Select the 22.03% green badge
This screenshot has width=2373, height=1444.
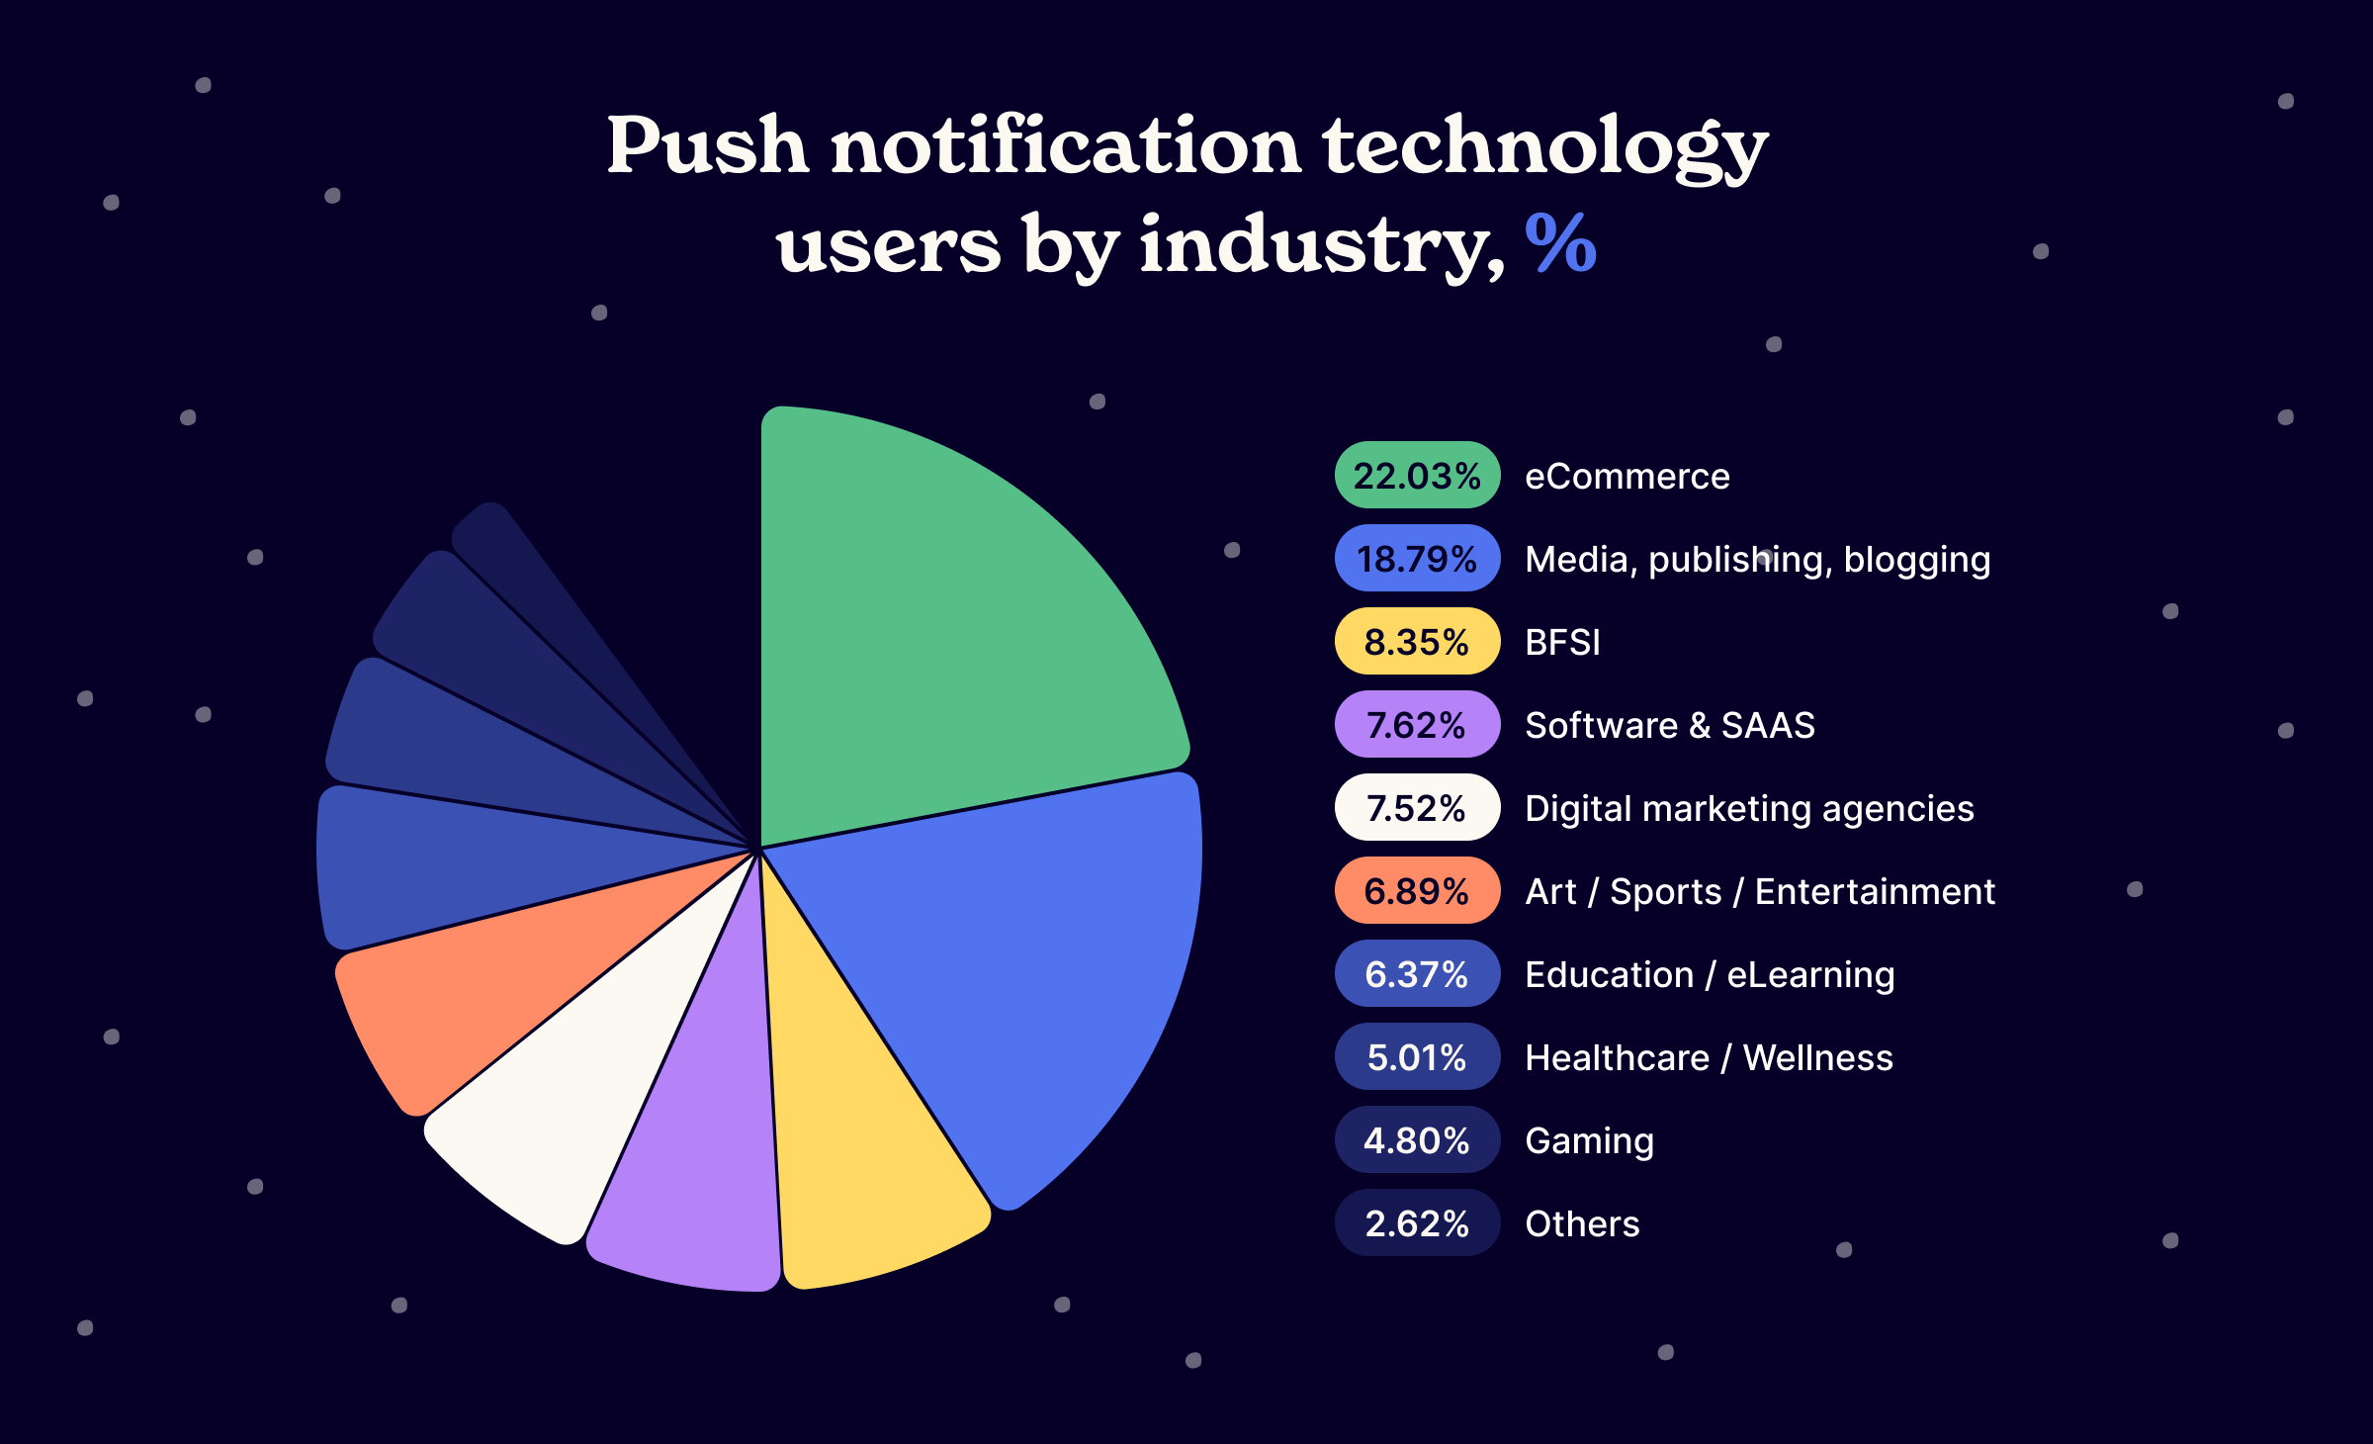[1417, 476]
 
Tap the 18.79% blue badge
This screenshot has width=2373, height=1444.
[1417, 559]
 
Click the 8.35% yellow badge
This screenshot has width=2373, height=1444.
[1417, 642]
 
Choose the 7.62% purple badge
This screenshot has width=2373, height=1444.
[1417, 725]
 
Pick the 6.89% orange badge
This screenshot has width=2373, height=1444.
[1417, 891]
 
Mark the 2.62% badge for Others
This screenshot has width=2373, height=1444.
[1417, 1223]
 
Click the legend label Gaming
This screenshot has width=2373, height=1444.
[1589, 1141]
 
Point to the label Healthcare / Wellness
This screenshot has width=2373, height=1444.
[1709, 1058]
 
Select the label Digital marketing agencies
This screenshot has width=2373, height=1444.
[1749, 809]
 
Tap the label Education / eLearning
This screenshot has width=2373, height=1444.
[1710, 975]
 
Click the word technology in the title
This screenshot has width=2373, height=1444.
[1544, 146]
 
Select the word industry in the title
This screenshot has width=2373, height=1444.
[1320, 245]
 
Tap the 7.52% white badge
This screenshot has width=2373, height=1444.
[1417, 808]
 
